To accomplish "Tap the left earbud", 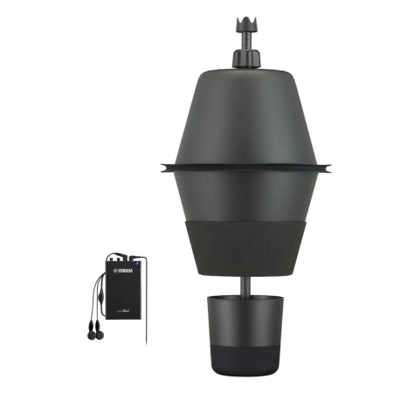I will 91,330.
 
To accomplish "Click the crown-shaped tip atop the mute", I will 245,22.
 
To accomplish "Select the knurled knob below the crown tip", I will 245,58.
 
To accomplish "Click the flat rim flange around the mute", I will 245,165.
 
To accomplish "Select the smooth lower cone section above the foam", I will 245,196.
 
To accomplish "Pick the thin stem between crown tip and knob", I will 245,38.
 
